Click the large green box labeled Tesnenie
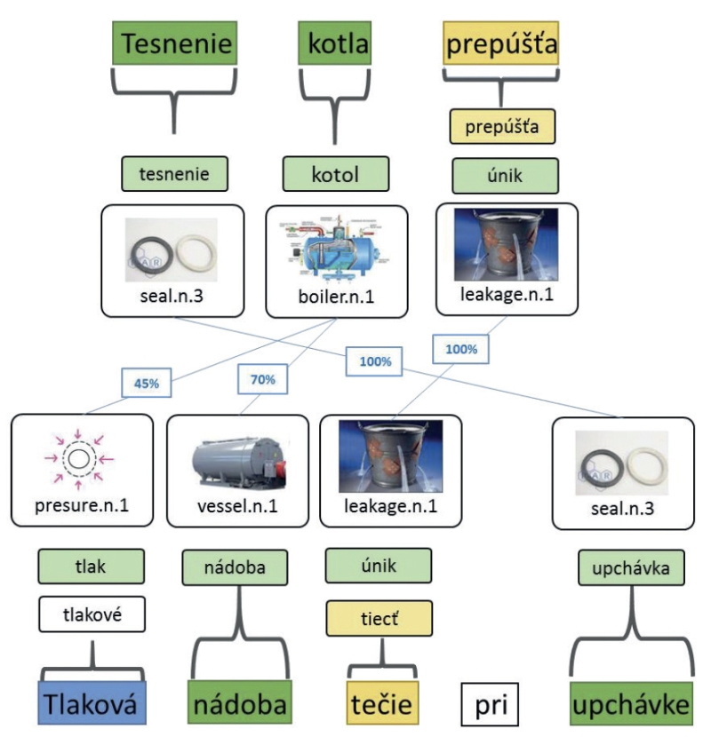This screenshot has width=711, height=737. (174, 44)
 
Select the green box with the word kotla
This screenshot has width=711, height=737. (334, 44)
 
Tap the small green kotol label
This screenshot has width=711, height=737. (335, 174)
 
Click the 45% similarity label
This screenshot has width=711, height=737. (147, 383)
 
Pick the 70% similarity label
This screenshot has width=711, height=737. (262, 379)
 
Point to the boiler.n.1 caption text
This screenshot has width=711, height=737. (336, 297)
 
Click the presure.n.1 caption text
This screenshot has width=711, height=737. (82, 506)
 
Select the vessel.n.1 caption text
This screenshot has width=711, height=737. (237, 506)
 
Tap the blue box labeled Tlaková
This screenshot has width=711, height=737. (92, 703)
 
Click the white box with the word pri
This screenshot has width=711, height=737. (490, 704)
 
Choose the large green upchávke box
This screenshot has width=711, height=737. (632, 703)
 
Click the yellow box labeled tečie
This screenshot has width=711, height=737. (382, 703)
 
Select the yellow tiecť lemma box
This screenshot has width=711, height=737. (379, 618)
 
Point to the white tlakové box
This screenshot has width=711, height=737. (92, 614)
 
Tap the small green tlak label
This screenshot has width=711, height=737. (92, 567)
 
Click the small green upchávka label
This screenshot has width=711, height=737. (632, 567)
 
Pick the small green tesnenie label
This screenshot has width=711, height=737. (174, 174)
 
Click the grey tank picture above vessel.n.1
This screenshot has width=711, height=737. (239, 462)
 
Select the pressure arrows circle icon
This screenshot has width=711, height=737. (79, 459)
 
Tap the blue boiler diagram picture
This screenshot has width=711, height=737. (336, 250)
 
